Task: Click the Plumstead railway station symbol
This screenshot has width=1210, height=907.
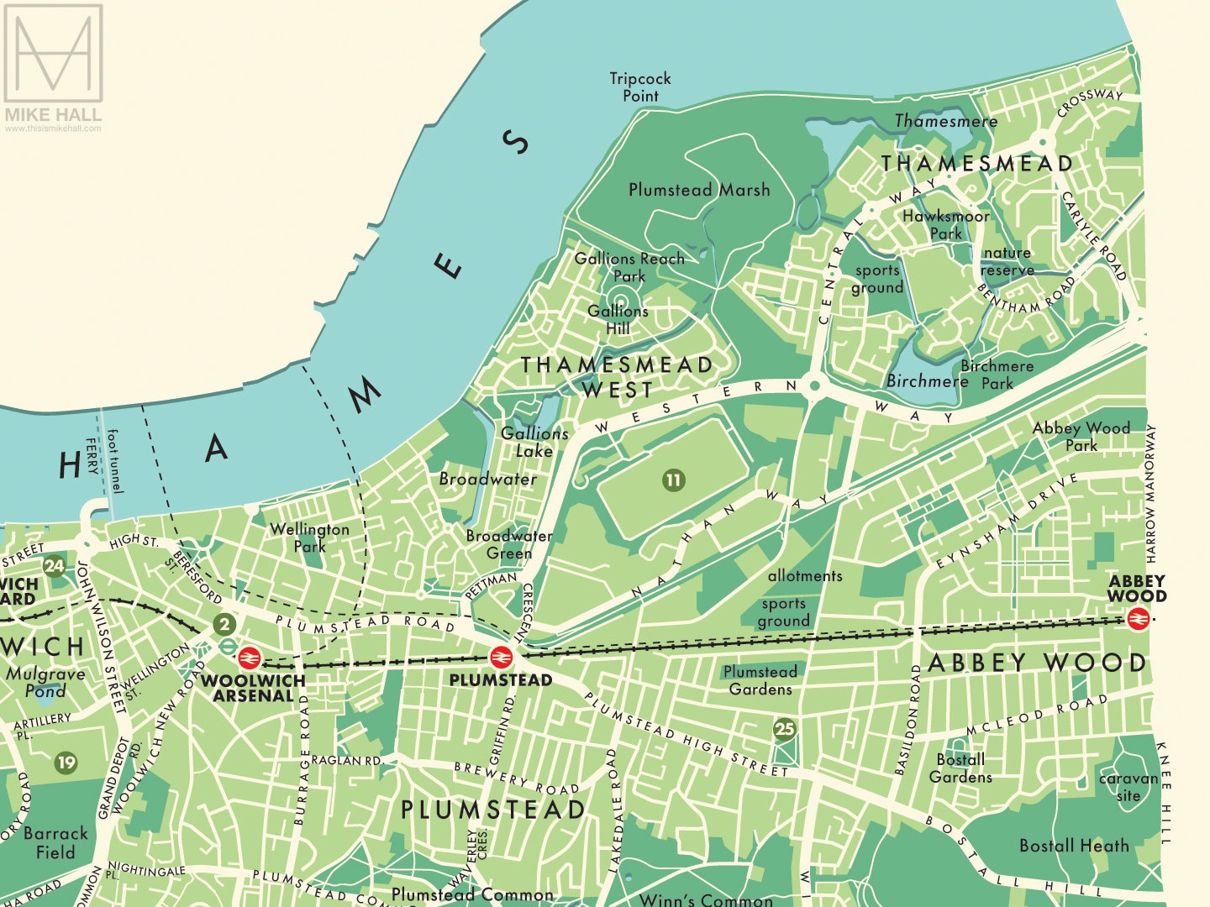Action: pos(501,656)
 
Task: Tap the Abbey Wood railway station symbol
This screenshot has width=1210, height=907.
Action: pos(1138,619)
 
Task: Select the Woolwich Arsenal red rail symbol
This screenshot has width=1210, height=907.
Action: pos(250,657)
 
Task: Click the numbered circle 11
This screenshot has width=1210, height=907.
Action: pos(673,480)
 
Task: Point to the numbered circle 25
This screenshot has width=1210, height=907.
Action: pos(784,729)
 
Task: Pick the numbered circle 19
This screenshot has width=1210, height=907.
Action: pos(66,763)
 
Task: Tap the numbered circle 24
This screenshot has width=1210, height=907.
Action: pos(55,566)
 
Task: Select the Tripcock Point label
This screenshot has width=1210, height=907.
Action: pos(640,87)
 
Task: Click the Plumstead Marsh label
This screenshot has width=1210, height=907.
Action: pos(699,190)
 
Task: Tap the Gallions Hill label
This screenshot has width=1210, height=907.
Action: pos(618,319)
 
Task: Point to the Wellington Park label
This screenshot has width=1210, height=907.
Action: pos(309,537)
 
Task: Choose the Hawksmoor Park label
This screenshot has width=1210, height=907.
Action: pos(945,224)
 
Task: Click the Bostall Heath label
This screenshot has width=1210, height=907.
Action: pos(1074,846)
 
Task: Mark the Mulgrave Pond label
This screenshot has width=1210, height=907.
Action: pos(45,682)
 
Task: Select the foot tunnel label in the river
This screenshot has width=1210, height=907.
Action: pos(114,461)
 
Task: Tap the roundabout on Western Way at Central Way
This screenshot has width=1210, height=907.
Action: pos(813,387)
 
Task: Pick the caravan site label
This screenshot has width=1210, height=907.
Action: pos(1128,787)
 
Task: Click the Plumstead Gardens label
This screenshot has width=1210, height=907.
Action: pos(760,680)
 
